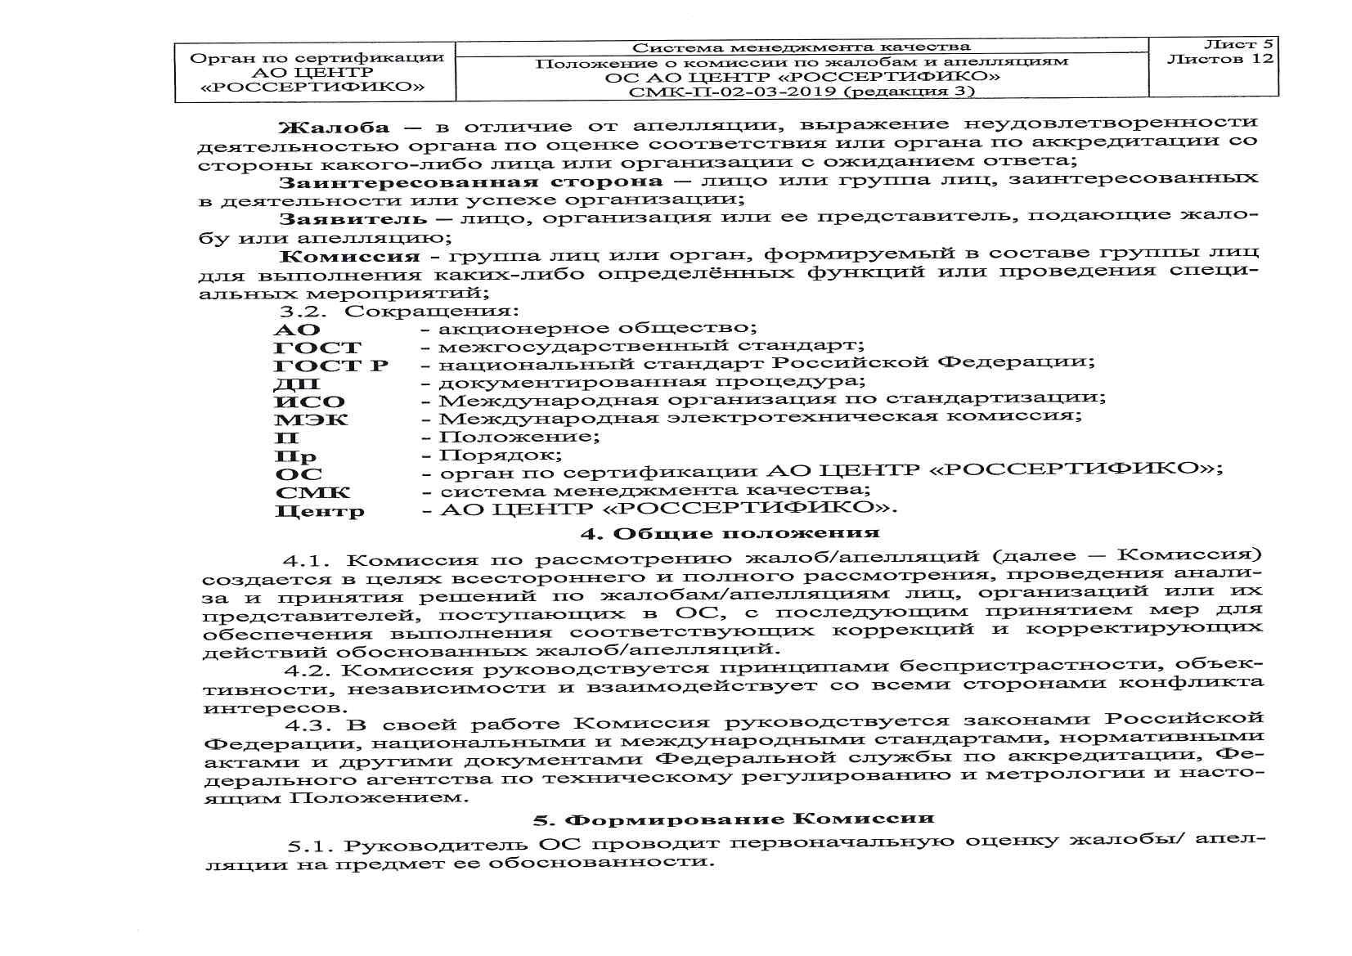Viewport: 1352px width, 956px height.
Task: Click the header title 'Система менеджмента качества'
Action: coord(801,47)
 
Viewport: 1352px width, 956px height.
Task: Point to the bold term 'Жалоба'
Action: coord(334,128)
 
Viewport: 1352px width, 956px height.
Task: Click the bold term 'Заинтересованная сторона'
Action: coord(470,182)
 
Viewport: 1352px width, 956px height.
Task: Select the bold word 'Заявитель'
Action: coord(353,219)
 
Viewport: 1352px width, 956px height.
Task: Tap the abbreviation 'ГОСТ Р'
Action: coord(331,366)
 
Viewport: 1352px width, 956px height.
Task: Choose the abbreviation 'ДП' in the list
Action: coord(297,384)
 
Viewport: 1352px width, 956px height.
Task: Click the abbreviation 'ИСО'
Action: coord(309,402)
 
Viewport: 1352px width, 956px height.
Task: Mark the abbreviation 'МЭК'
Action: coord(311,420)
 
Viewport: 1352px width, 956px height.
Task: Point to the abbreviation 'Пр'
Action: coord(295,456)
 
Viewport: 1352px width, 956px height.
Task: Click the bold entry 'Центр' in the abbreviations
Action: coord(320,512)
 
